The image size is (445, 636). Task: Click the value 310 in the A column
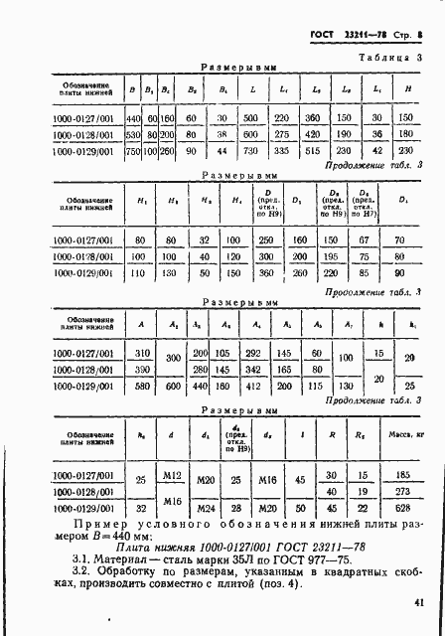pos(142,352)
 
